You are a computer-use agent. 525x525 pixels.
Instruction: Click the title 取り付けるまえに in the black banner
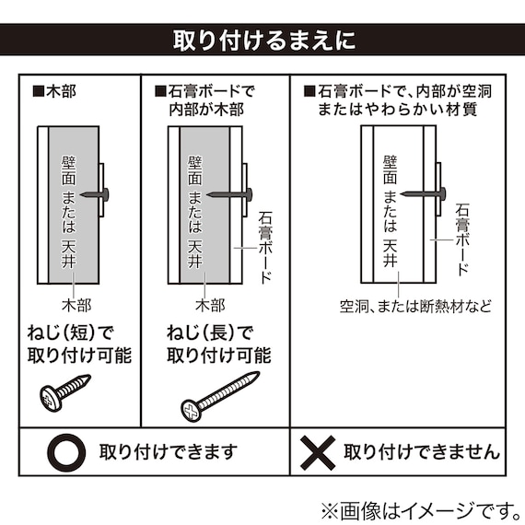tap(262, 41)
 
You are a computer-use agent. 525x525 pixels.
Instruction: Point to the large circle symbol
tap(67, 451)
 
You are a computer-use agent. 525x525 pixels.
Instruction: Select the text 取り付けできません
tap(422, 451)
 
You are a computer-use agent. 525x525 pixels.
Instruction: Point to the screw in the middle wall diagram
tap(229, 193)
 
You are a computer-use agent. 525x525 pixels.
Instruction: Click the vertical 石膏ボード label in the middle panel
tap(265, 246)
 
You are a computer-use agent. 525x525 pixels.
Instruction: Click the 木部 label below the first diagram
tap(77, 304)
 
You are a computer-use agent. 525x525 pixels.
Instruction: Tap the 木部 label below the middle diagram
tap(210, 304)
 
